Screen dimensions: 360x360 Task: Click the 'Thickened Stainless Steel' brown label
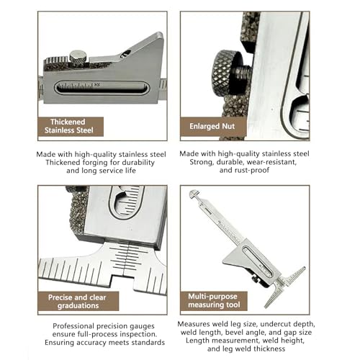point(71,127)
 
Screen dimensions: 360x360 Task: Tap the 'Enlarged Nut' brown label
point(213,127)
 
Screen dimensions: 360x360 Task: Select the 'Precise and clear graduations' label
point(78,301)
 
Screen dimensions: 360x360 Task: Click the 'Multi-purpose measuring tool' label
point(214,301)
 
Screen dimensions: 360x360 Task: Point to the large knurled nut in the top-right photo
point(222,71)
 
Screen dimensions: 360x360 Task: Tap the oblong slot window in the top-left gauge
point(102,88)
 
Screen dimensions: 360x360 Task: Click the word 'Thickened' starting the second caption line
point(63,163)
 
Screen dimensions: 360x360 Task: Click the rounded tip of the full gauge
point(194,194)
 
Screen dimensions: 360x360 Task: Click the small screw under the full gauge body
point(254,279)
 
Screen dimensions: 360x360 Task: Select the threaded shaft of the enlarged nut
point(243,73)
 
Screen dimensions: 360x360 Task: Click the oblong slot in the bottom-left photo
point(127,201)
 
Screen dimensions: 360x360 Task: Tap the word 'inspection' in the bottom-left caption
point(138,334)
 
